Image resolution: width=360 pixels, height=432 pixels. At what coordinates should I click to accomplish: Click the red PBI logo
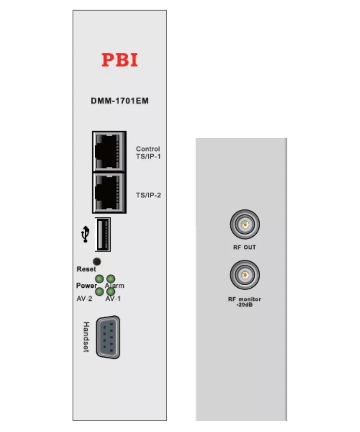coord(120,60)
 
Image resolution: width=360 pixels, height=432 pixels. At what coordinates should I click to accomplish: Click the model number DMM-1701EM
coord(120,101)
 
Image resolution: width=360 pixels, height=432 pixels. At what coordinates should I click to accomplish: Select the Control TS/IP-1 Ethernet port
coord(109,152)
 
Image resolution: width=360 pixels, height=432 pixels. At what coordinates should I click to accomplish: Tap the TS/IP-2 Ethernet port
coord(109,193)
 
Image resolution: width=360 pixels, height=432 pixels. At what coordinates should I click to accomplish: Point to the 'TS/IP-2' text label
coord(148,195)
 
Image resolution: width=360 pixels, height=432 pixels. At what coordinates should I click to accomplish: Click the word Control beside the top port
coord(148,149)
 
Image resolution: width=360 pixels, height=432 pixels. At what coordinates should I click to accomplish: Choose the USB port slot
coord(102,235)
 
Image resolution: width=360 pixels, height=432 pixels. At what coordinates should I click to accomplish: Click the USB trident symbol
coord(85,234)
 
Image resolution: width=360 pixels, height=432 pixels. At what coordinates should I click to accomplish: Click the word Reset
coord(86,269)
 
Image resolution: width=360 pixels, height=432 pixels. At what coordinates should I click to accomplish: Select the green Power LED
coord(99,279)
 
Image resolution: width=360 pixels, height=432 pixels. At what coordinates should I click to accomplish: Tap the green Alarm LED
coord(111,279)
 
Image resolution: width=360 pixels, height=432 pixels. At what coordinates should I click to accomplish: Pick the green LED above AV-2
coord(99,292)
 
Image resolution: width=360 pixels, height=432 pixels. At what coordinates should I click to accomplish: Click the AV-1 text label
coord(113,299)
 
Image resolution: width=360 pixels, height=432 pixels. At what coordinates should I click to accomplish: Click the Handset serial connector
coord(108,337)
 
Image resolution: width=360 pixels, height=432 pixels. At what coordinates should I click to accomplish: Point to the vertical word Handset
coord(86,337)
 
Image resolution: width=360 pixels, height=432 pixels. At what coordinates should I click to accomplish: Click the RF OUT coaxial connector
coord(245,224)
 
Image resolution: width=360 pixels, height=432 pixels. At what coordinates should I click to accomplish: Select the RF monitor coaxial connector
coord(245,275)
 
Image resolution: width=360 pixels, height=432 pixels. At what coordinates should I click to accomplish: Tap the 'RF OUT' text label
coord(245,248)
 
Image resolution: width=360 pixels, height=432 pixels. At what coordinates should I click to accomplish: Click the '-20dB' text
coord(245,305)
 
